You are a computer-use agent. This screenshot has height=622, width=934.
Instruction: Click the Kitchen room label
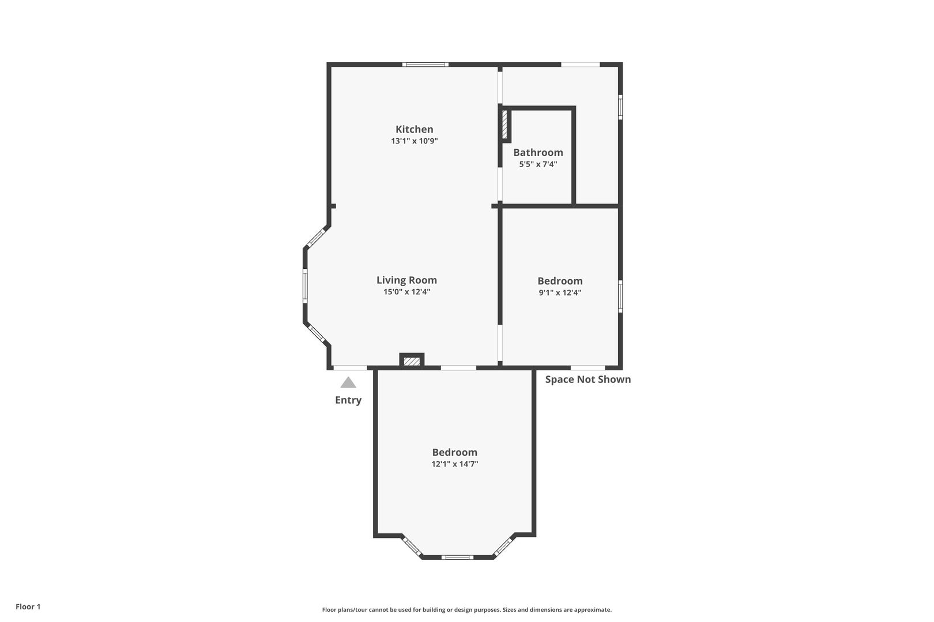click(414, 129)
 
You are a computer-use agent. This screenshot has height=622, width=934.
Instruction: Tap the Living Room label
click(406, 280)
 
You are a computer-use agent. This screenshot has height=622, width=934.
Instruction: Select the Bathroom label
click(538, 153)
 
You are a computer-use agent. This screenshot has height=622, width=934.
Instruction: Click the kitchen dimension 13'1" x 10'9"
click(414, 141)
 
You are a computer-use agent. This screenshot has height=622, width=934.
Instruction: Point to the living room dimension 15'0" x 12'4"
click(406, 291)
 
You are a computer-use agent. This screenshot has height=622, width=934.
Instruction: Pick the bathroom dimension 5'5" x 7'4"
click(538, 164)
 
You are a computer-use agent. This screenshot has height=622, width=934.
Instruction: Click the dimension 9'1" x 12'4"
click(560, 293)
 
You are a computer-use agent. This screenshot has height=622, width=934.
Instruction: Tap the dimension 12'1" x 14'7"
click(454, 464)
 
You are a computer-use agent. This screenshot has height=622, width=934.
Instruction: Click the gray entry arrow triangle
click(348, 382)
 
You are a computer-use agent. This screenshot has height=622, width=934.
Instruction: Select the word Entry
click(348, 400)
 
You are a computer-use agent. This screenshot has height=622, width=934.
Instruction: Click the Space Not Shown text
click(588, 380)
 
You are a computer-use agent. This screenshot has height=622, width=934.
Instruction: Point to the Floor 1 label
click(28, 606)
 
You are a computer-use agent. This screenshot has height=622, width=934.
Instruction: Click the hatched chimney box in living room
click(412, 361)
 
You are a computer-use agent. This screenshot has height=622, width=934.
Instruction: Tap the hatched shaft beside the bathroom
click(504, 124)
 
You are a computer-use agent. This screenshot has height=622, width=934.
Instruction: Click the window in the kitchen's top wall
click(425, 65)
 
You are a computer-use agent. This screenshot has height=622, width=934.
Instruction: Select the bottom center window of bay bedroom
click(457, 557)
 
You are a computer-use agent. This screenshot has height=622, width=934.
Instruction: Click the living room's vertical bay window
click(305, 286)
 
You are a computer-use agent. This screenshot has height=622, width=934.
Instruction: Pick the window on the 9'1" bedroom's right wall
click(620, 296)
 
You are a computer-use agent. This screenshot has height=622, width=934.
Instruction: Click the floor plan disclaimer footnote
click(466, 609)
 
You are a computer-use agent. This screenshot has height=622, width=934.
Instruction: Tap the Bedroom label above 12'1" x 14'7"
click(454, 453)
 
